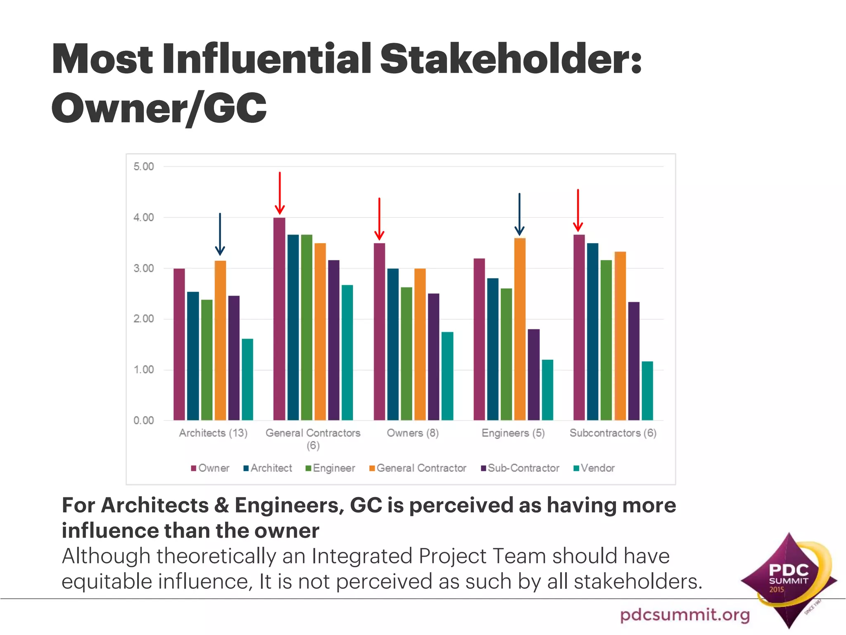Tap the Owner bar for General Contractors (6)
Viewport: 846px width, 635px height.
(x=279, y=318)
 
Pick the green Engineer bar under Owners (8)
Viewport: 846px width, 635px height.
(x=406, y=353)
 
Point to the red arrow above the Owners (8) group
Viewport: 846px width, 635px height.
(x=379, y=219)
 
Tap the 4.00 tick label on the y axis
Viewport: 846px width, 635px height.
(x=143, y=217)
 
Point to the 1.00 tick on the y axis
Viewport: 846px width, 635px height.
(x=143, y=370)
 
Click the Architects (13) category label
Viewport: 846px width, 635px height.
(x=213, y=433)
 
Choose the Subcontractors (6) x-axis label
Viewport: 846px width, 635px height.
(x=613, y=433)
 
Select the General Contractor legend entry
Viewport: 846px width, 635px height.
(x=418, y=468)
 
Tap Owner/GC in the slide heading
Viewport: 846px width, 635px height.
(x=159, y=108)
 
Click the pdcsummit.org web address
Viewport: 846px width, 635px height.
(x=685, y=614)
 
